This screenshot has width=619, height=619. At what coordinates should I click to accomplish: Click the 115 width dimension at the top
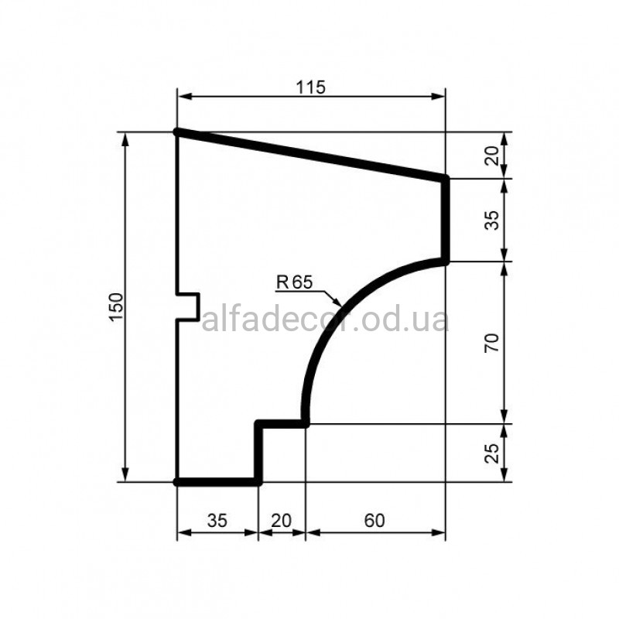click(x=311, y=87)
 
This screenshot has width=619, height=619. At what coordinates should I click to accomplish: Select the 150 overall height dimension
click(x=117, y=307)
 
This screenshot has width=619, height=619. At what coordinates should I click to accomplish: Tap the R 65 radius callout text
click(x=294, y=282)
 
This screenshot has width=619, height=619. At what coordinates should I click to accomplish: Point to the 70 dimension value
click(x=492, y=342)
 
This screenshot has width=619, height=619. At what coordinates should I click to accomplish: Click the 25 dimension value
click(x=492, y=453)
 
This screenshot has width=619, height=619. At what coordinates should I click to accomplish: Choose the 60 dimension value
click(x=374, y=521)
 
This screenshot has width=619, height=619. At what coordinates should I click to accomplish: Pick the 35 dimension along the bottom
click(x=217, y=521)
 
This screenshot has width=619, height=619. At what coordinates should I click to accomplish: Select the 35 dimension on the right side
click(x=492, y=221)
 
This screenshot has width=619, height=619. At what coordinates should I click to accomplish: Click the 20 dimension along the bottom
click(x=282, y=521)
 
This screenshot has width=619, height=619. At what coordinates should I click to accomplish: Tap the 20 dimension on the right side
click(x=492, y=156)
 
